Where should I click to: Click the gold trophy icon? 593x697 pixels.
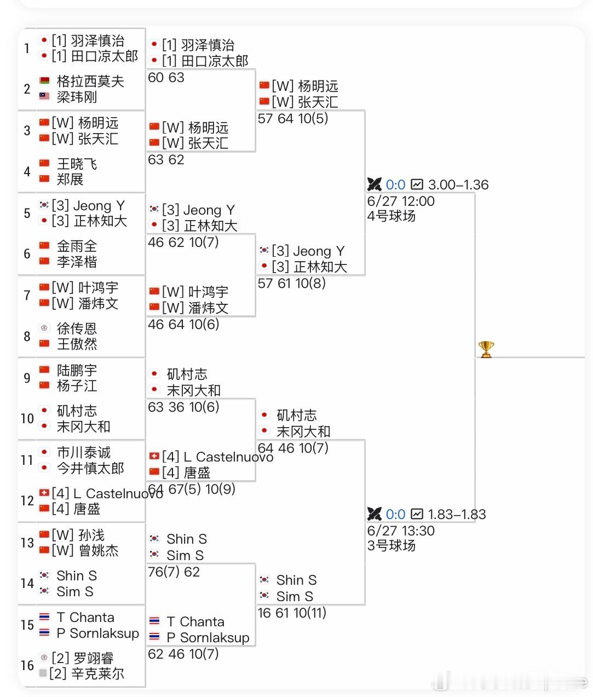pos(486,349)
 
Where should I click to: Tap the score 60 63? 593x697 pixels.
pos(166,78)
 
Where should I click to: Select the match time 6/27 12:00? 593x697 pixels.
pos(401,201)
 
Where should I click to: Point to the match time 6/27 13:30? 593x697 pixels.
pos(401,531)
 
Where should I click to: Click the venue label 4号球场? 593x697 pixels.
pos(391,216)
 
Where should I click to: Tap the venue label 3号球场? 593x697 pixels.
pos(391,546)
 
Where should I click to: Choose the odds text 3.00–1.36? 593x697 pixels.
pos(458,185)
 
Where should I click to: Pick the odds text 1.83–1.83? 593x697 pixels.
pos(457,515)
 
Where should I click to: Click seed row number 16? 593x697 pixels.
pos(27,666)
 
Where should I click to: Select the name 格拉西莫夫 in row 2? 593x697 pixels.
pos(90,82)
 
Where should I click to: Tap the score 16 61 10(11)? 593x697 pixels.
pos(292,613)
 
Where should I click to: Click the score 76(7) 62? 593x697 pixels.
pos(174,572)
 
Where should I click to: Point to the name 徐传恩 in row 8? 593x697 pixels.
pos(77,329)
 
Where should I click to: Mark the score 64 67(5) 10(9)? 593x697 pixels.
pos(191,489)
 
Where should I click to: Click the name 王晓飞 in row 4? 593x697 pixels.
pos(77,164)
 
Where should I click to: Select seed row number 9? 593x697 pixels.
pos(27,378)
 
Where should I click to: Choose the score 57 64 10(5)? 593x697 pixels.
pos(292,119)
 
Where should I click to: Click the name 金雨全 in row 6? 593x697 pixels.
pos(77,246)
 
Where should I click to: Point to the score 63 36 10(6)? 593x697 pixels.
pos(183,407)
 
